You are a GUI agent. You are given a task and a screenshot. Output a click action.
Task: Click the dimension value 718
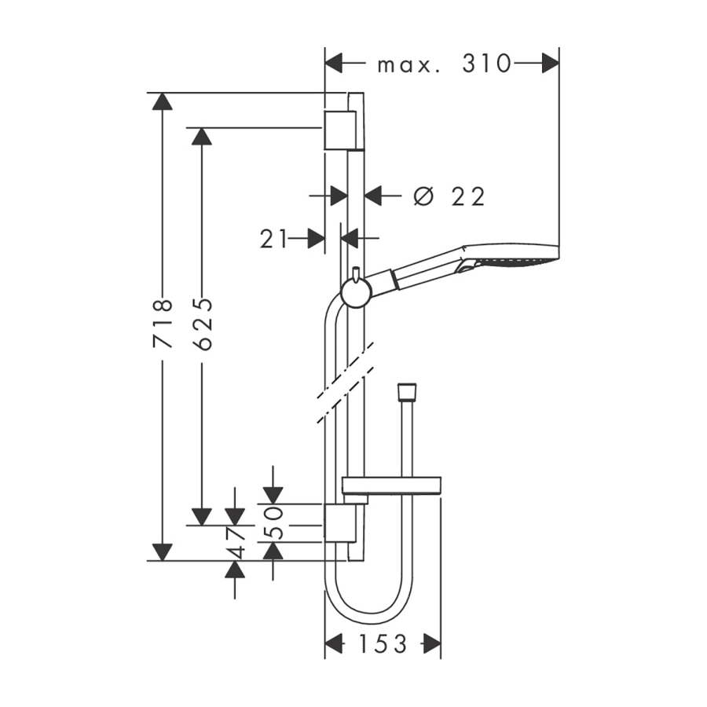(163, 323)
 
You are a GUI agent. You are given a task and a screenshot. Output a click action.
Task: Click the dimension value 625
(202, 323)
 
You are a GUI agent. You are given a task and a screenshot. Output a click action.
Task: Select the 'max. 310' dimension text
(444, 64)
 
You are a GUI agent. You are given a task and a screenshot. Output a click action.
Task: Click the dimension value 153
(383, 644)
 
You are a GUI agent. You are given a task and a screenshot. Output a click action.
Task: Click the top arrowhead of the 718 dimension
(162, 101)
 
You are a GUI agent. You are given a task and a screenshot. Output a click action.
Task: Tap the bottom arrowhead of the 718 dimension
(162, 551)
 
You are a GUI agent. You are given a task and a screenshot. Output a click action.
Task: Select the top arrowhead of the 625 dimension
(202, 136)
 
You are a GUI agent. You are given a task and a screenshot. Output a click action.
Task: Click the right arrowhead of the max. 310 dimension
(550, 64)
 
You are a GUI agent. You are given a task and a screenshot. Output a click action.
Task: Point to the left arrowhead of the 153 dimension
(335, 644)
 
